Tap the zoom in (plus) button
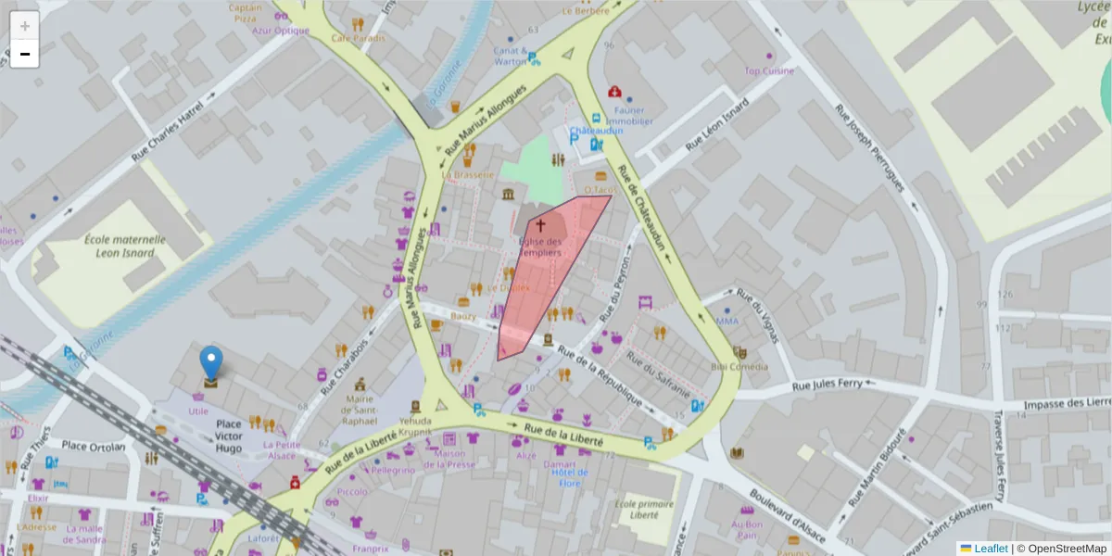click(x=24, y=26)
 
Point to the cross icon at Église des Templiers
click(x=540, y=225)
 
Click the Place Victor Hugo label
click(x=229, y=436)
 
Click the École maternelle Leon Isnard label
click(x=125, y=246)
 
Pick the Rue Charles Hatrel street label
click(x=167, y=138)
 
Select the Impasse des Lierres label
click(x=1067, y=404)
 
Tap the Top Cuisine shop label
click(x=769, y=70)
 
